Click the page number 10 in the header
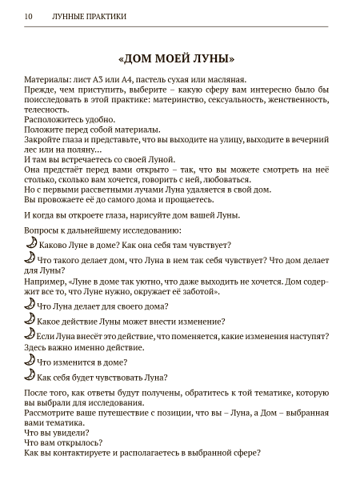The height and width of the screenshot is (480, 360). tap(29, 16)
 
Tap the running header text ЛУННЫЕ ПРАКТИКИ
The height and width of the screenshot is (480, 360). tap(89, 16)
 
